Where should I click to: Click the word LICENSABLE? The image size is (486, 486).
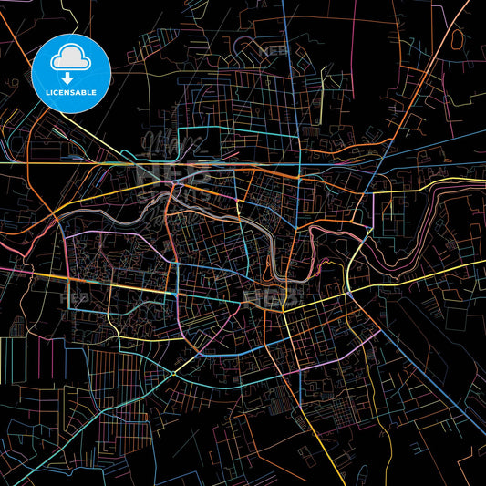click(x=71, y=93)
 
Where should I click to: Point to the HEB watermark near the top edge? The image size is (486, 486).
click(x=274, y=51)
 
